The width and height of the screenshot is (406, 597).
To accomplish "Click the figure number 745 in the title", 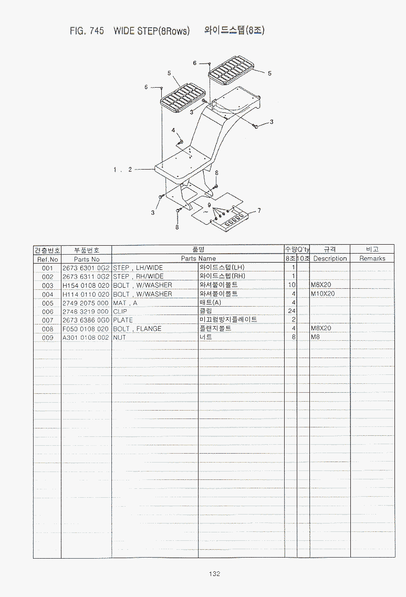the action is [x=97, y=31].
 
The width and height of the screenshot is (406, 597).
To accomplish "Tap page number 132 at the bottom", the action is [x=214, y=574].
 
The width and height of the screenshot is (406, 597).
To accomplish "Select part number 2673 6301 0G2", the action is [x=86, y=268].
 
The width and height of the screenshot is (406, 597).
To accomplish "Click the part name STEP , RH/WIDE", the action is [x=138, y=276].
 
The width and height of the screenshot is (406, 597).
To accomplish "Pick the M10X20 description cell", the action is [x=322, y=294].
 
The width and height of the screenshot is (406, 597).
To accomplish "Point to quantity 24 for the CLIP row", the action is [x=292, y=311].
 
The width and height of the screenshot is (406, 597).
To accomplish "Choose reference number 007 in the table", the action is [x=48, y=320].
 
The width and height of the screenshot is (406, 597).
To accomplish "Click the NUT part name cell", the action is [x=119, y=337].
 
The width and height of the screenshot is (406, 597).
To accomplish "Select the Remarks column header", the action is [x=372, y=258].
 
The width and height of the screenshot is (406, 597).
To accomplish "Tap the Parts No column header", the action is [x=87, y=259].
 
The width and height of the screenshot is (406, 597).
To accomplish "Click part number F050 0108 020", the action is [x=86, y=329].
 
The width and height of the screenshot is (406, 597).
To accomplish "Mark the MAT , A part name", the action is [x=125, y=303].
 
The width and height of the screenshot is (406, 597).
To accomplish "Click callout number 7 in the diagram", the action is [x=259, y=210].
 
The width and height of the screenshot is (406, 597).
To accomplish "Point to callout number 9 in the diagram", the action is [x=209, y=205].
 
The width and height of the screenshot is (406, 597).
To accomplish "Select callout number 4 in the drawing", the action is [x=173, y=130].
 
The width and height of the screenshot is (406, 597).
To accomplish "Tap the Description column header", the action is [x=330, y=258].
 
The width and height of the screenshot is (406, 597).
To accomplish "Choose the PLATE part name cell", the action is [x=122, y=320].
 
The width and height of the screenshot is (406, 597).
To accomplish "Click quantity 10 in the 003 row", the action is [x=292, y=285].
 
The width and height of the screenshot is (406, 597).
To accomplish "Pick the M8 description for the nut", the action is [x=315, y=337].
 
